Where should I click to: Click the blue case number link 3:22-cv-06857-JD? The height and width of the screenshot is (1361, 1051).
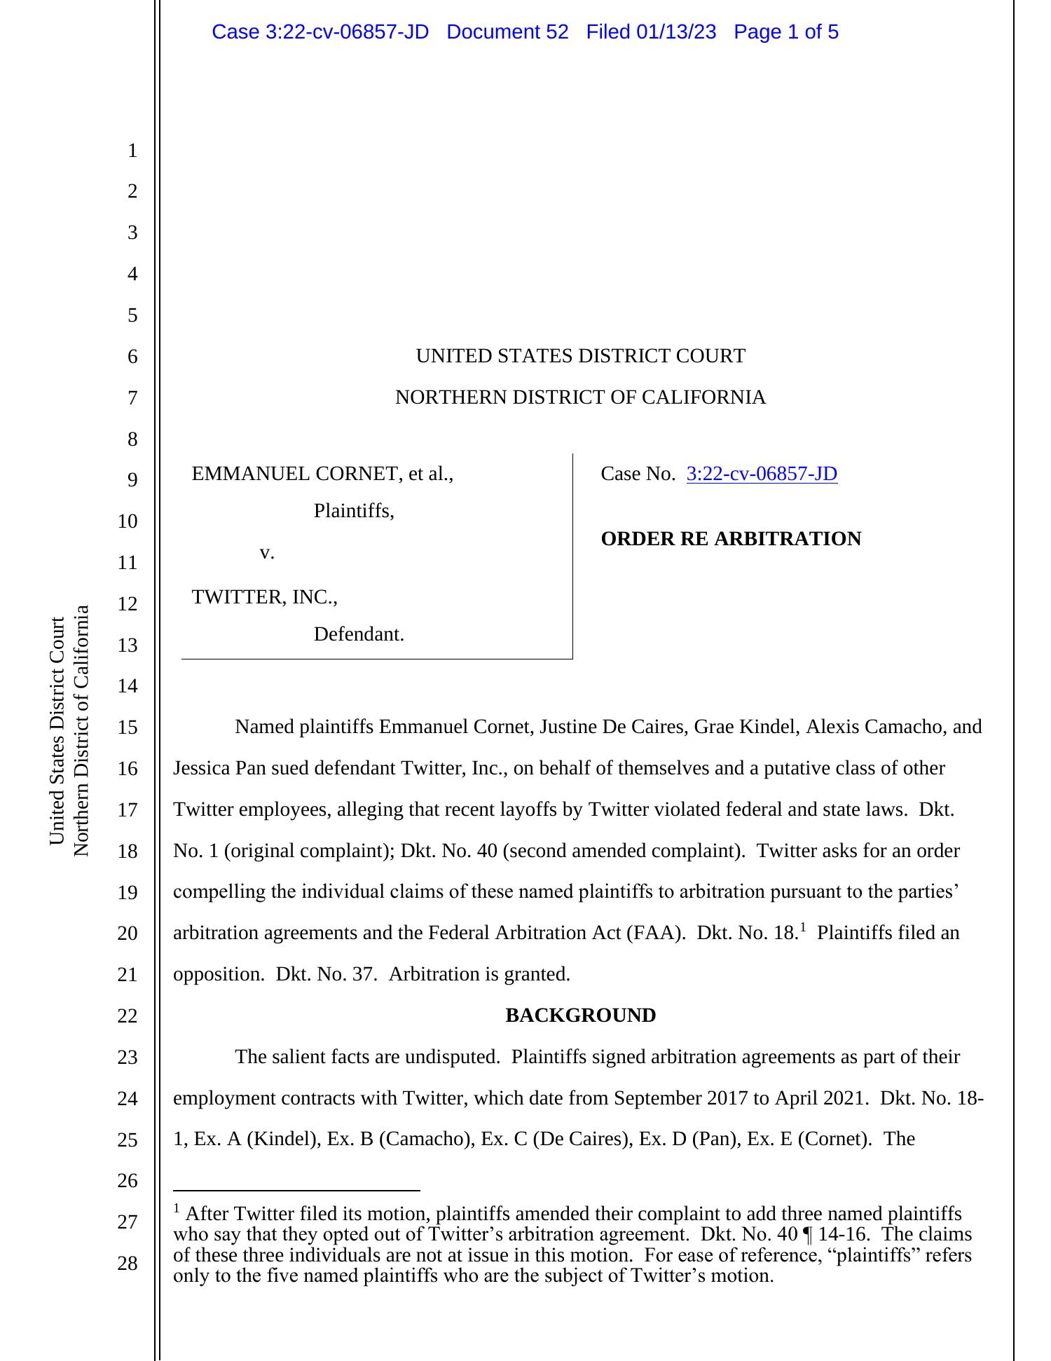point(761,474)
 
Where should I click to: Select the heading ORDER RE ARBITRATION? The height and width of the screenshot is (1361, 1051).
point(731,539)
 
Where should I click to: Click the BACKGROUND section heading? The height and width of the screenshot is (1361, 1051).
point(580,1015)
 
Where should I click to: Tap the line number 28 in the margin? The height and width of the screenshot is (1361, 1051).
point(128,1264)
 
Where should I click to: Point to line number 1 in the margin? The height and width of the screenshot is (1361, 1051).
point(132,151)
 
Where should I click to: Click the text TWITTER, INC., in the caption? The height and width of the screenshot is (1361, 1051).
point(264,597)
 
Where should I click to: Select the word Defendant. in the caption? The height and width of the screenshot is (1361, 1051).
point(359,634)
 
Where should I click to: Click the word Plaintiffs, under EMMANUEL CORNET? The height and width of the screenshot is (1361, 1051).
point(354,511)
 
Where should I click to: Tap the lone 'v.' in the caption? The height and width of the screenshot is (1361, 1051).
point(266,553)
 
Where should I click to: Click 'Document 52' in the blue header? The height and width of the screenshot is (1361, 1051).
point(507,32)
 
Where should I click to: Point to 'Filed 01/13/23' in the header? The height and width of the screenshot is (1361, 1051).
point(651,32)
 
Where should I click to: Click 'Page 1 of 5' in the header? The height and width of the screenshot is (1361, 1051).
point(785,32)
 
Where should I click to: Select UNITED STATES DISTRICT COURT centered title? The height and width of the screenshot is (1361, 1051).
point(580,356)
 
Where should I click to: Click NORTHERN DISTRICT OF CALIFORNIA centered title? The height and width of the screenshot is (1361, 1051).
point(580,397)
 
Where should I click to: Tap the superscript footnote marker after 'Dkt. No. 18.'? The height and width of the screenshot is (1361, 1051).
point(803,928)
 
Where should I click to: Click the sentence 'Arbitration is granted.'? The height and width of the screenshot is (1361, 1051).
point(479,974)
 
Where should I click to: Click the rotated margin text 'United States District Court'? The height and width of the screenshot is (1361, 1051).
point(57,730)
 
